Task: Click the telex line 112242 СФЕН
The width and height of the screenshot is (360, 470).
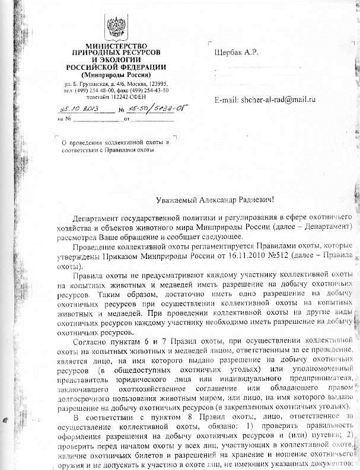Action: click(116, 96)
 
